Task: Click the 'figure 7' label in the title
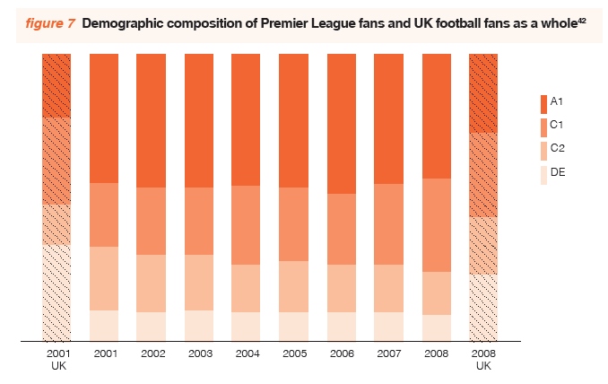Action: pos(48,23)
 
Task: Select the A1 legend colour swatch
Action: pos(543,101)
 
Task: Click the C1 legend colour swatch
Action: pos(543,126)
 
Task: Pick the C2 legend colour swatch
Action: pos(543,149)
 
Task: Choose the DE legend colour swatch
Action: pos(543,173)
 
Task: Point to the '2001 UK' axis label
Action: pos(57,360)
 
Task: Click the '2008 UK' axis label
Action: pos(483,360)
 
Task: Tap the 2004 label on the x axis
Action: pos(247,354)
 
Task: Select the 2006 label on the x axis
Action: pos(342,354)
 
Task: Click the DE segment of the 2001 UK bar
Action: pos(56,292)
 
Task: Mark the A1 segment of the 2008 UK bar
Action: pos(483,93)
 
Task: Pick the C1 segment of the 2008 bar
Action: pos(437,225)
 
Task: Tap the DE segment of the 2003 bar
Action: pos(199,326)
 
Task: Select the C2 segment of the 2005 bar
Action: pos(294,286)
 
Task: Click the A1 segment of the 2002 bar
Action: pos(152,120)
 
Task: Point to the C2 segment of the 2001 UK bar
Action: pos(56,224)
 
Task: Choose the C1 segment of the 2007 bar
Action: pos(389,224)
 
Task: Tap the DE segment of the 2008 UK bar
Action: pos(483,307)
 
